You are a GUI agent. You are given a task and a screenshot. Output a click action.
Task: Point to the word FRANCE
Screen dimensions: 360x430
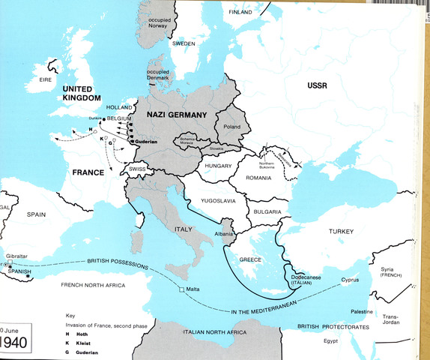(88, 172)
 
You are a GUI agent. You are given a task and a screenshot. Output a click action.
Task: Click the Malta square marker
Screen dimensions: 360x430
(181, 289)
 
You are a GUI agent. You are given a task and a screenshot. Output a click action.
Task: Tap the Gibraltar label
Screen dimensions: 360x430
(16, 256)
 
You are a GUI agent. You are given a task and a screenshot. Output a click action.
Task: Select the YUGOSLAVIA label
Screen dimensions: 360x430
(216, 202)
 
